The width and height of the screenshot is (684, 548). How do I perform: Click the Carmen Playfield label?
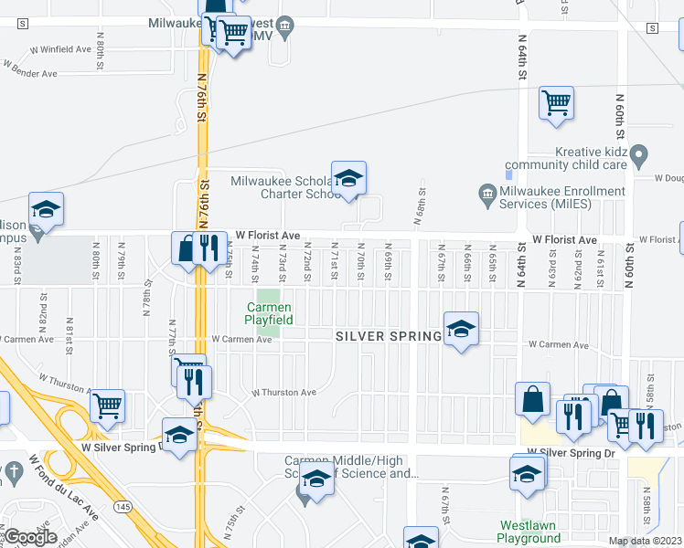click(x=269, y=313)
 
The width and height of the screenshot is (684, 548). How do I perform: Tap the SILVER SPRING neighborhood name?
click(x=388, y=336)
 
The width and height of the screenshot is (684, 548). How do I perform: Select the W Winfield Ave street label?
click(x=60, y=49)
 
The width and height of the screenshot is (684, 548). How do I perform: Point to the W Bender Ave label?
click(x=30, y=69)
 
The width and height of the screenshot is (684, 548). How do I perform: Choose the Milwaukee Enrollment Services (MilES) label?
click(x=561, y=197)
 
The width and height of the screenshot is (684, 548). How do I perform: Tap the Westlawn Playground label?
click(x=529, y=532)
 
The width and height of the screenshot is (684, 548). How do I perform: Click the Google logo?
click(x=30, y=538)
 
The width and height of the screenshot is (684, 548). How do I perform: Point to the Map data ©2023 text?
click(x=646, y=542)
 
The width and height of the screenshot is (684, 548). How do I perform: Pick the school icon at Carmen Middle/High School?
click(x=316, y=478)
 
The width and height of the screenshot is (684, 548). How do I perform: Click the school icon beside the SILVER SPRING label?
click(x=461, y=328)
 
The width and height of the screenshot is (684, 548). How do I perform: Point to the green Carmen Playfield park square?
click(x=268, y=299)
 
